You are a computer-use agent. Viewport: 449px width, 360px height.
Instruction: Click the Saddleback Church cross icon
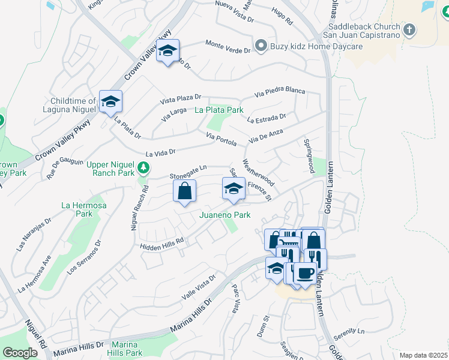[x=409, y=29]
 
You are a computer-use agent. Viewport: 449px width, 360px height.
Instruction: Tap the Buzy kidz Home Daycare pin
[x=261, y=45]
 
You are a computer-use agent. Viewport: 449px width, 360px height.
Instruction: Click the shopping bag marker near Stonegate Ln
[x=185, y=191]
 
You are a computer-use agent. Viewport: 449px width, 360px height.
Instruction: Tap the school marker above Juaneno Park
[x=234, y=190]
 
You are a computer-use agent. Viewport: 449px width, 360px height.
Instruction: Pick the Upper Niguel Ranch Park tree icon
[x=143, y=166]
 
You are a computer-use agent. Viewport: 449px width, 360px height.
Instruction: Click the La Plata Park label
[x=219, y=110]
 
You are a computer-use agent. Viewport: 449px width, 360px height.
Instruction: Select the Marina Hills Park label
[x=126, y=349]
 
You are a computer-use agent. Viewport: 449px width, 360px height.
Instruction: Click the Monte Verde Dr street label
[x=228, y=47]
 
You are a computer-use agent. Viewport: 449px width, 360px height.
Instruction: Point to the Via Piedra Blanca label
[x=279, y=92]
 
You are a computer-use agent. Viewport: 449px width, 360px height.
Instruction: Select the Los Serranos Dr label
[x=85, y=258]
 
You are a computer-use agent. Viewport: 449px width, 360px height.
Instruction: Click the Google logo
[x=20, y=353]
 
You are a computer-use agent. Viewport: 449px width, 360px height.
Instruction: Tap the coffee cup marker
[x=305, y=274]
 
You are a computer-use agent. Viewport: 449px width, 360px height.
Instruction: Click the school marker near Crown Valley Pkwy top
[x=169, y=52]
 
